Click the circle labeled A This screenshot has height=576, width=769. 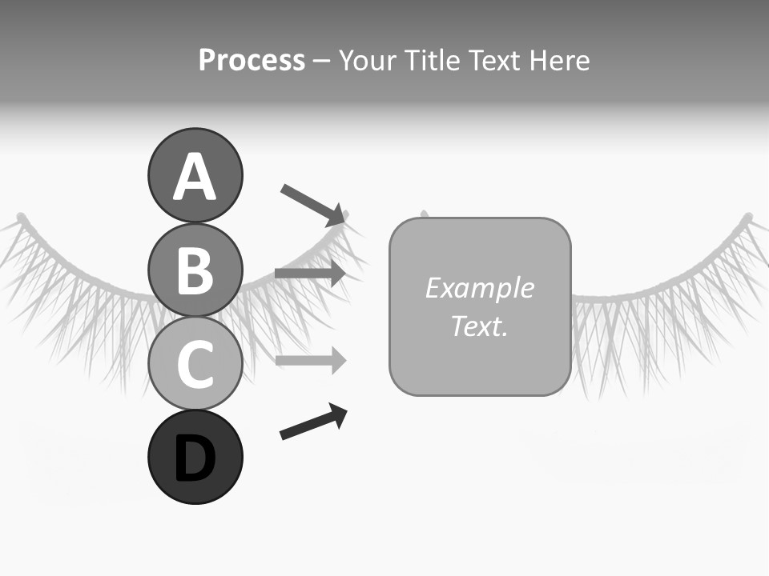[x=195, y=175]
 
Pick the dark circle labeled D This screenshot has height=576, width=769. [x=195, y=457]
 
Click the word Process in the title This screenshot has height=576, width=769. [x=252, y=60]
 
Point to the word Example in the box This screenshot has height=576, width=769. [x=479, y=288]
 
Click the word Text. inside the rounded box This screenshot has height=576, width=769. [x=479, y=326]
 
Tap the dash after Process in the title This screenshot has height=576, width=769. [x=321, y=61]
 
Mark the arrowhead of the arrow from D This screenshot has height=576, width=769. [x=338, y=414]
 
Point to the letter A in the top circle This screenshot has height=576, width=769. [x=195, y=177]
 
